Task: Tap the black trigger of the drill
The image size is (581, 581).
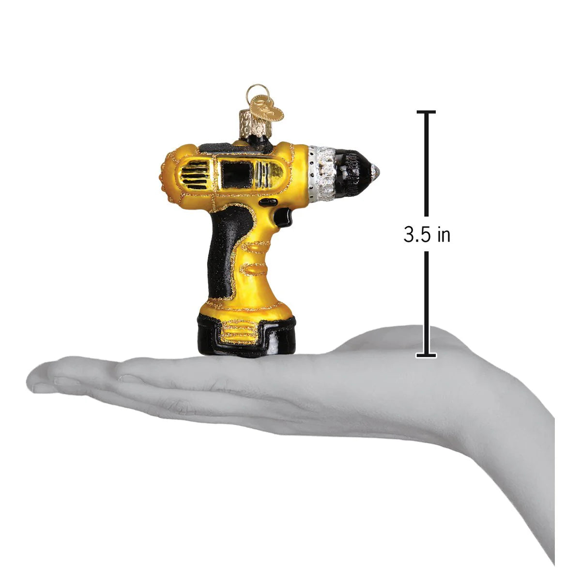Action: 283,216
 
